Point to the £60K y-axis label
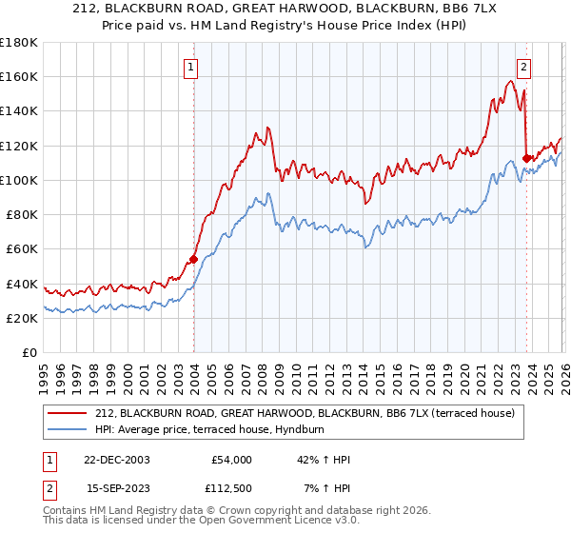pyautogui.click(x=22, y=248)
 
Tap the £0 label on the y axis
pyautogui.click(x=30, y=352)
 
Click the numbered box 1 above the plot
pyautogui.click(x=192, y=68)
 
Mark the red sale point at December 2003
pyautogui.click(x=193, y=258)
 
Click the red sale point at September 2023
pyautogui.click(x=526, y=158)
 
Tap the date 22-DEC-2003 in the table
pyautogui.click(x=118, y=460)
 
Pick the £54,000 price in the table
pyautogui.click(x=231, y=460)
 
